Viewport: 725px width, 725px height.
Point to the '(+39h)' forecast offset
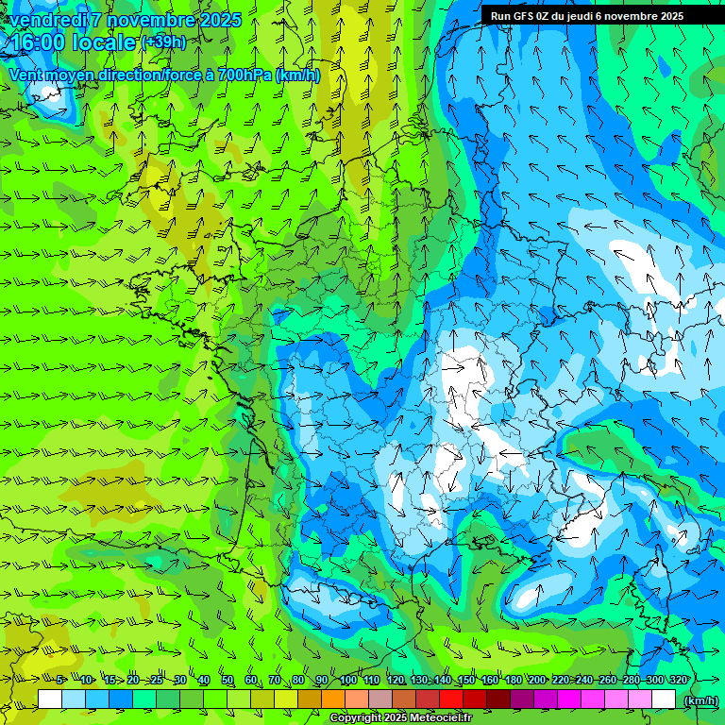pos(163,42)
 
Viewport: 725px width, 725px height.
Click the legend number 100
pos(348,681)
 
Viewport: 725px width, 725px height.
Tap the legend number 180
pos(513,681)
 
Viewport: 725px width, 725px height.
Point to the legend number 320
pos(678,681)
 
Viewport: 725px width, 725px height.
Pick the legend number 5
pos(60,681)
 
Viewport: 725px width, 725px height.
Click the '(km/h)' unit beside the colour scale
pos(700,700)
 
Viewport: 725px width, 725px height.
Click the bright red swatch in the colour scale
pos(451,700)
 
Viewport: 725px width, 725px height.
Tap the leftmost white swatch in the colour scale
pos(50,700)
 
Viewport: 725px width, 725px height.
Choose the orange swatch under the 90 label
pos(333,700)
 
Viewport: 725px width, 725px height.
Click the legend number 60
pos(250,681)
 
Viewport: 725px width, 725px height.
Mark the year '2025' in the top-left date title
pos(219,20)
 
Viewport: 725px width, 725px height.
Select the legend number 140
pos(442,681)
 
